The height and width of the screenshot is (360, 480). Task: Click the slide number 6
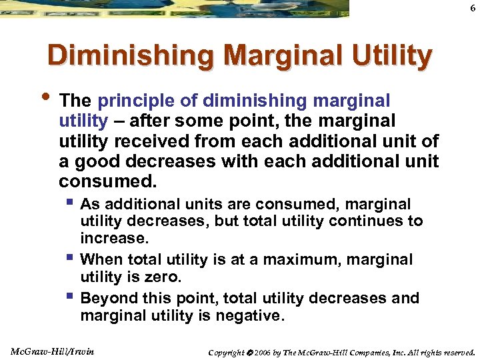(472, 7)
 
